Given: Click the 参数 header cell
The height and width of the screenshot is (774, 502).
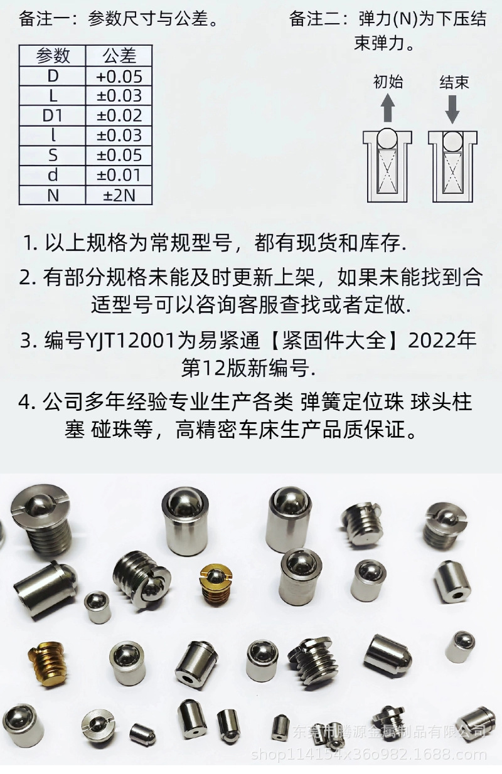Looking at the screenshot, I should (x=53, y=56).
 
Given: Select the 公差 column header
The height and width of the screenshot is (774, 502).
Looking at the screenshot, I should (x=119, y=56).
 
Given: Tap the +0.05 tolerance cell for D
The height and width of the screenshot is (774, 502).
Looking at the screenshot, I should (x=119, y=77).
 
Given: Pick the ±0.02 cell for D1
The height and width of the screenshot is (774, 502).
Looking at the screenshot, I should (x=119, y=115).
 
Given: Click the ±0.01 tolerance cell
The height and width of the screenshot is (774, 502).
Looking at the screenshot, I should (x=119, y=175).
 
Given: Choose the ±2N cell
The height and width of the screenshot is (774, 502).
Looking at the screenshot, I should (x=119, y=195).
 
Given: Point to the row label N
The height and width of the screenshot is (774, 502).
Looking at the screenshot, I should (x=53, y=195).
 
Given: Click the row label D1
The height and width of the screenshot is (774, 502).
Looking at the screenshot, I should (x=53, y=115).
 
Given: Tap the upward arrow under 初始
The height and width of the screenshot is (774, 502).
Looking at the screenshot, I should (x=388, y=108).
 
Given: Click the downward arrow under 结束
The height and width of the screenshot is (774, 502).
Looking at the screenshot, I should (x=453, y=108).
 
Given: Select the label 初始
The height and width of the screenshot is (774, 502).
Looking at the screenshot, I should (x=388, y=82).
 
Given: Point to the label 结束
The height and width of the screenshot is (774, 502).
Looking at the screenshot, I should (x=454, y=82).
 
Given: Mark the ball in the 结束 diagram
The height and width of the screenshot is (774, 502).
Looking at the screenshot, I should (x=452, y=142).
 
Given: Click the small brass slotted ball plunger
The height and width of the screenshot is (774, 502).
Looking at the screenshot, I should (x=213, y=583).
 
